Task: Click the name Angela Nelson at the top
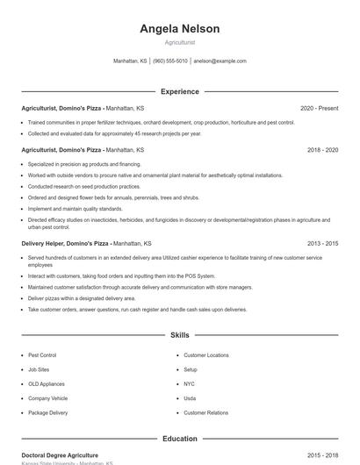point(179,29)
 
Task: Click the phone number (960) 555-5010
point(170,61)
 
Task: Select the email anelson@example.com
point(220,61)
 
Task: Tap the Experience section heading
point(179,91)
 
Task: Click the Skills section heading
point(179,335)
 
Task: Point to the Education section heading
point(179,438)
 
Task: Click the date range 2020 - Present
point(319,108)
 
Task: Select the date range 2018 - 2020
point(322,150)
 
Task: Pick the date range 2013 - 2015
point(322,243)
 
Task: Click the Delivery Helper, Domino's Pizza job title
point(65,243)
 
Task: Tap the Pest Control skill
point(42,355)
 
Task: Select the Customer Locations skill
point(205,355)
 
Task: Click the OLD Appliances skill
point(46,383)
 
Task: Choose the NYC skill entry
point(190,383)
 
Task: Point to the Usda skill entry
point(190,398)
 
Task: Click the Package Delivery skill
point(47,412)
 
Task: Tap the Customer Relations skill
point(205,412)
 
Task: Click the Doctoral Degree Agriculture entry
point(60,455)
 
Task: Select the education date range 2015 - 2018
point(322,455)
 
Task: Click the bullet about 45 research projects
point(114,133)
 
